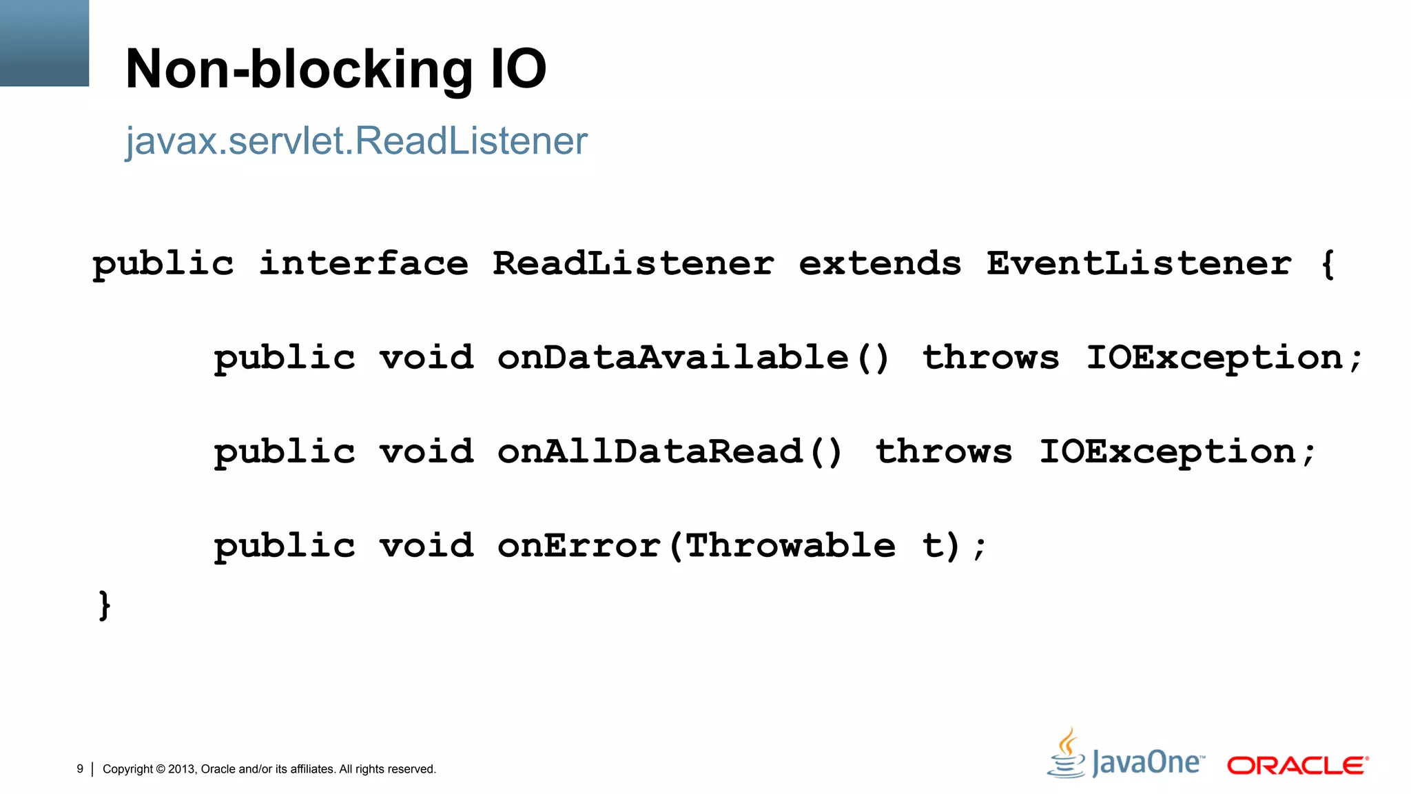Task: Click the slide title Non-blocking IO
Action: point(336,70)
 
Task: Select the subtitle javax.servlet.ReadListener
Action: point(356,141)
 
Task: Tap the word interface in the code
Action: point(363,264)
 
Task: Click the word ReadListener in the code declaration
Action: point(633,264)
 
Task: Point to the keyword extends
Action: point(880,264)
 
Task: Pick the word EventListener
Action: point(1138,264)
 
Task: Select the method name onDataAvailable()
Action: point(693,358)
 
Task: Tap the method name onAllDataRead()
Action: point(670,453)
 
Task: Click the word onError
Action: point(579,547)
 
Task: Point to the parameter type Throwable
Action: point(790,547)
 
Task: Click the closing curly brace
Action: point(105,605)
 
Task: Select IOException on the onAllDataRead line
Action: point(1168,453)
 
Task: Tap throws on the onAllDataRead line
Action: point(944,453)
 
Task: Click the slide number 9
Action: point(80,769)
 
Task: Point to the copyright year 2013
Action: point(182,769)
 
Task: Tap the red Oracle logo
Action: point(1297,766)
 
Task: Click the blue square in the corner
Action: point(44,43)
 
